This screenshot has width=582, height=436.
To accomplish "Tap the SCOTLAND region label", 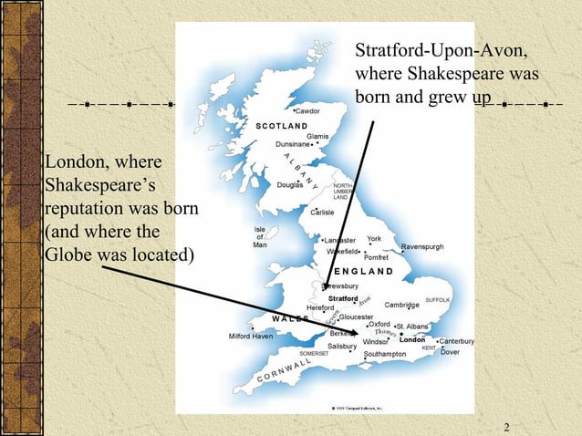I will coord(280,124).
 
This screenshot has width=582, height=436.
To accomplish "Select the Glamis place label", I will coord(317,136).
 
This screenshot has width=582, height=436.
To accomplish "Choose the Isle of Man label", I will coord(259,236).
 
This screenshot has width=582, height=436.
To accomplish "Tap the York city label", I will coord(373,239).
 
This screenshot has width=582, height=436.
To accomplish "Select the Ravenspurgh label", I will coord(422,246).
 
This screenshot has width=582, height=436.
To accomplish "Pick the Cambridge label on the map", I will coord(401,305).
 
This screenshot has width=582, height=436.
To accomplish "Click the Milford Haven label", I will coord(250,336).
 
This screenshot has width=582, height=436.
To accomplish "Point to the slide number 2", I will coord(505,426).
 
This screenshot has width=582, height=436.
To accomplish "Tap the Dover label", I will coord(450,351).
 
